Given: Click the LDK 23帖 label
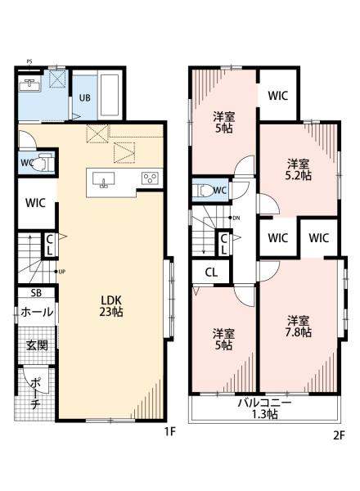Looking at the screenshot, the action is tap(111, 306).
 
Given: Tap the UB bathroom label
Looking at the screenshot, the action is tap(84, 97).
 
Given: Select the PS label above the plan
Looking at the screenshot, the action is tap(29, 61).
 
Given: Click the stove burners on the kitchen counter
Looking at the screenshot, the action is tap(150, 178).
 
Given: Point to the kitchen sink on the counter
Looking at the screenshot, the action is tap(103, 180).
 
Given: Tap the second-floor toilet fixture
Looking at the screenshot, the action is tap(203, 191).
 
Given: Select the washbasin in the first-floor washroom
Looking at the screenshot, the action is tap(29, 85).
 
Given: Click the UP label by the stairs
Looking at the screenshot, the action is tap(61, 272).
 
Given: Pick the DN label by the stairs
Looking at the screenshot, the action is tap(236, 218).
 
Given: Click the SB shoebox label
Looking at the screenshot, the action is tap(36, 293).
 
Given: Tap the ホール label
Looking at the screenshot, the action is tap(37, 312).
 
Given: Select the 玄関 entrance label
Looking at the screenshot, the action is tap(37, 345).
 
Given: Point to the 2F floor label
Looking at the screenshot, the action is tap(339, 435).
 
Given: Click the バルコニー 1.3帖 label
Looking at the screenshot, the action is tap(264, 408).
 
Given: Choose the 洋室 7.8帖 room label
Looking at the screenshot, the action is tap(299, 327).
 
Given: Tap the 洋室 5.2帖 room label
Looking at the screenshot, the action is tap(299, 169).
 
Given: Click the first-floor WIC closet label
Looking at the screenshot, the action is tap(35, 203).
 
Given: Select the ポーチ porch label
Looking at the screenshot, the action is tap(35, 394).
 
